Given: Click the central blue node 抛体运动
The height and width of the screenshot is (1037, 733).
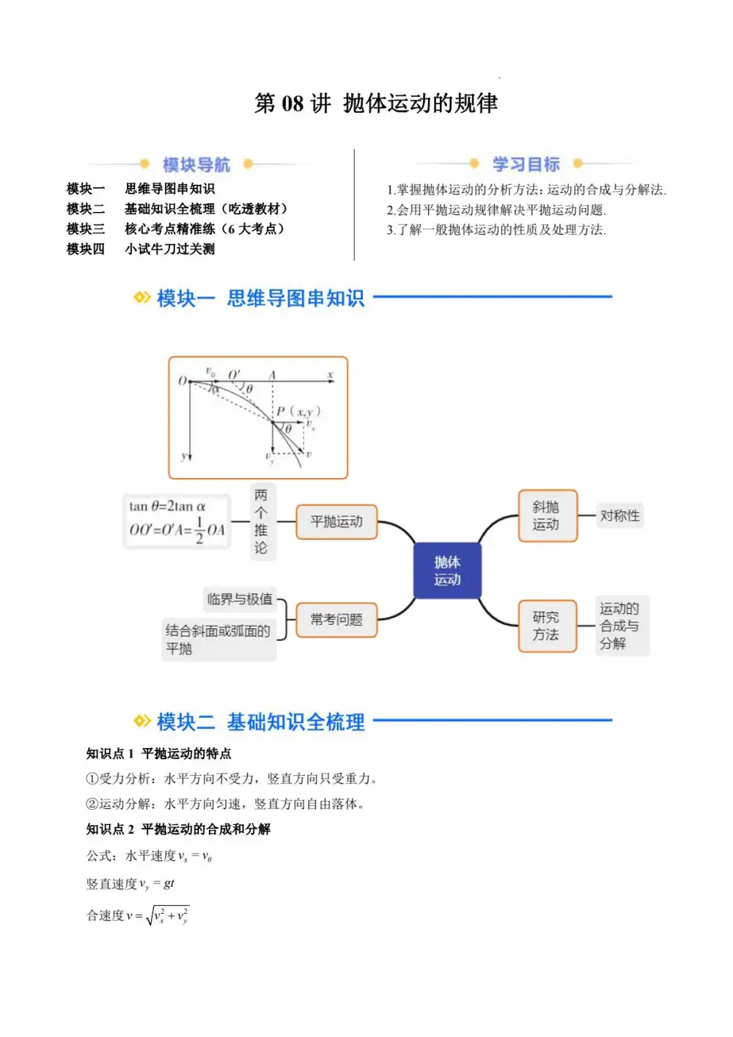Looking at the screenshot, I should [447, 571].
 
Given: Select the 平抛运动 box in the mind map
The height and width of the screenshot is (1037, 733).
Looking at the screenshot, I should [336, 522].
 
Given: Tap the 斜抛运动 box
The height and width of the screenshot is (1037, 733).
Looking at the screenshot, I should [547, 516].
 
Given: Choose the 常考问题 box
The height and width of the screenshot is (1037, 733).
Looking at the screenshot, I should [336, 620].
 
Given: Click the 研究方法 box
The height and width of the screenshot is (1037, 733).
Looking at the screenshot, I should [547, 626].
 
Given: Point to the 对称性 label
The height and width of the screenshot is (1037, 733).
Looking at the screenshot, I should [619, 516].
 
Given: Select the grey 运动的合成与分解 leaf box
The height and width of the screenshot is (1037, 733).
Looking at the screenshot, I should [620, 626].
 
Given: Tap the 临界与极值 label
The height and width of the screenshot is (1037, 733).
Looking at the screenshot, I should [240, 599].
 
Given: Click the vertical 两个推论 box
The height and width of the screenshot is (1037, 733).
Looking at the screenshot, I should [262, 521].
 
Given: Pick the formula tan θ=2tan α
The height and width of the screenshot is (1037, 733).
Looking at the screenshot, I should [168, 507].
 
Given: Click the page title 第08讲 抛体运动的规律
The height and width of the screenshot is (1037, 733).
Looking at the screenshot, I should [376, 103].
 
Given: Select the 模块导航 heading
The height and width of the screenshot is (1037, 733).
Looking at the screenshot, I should [196, 164].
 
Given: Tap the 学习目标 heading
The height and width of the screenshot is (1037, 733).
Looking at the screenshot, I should [526, 164].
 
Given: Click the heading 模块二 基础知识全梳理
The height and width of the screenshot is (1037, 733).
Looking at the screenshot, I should [260, 722].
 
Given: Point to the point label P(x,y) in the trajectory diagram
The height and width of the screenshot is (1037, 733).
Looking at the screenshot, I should [298, 411].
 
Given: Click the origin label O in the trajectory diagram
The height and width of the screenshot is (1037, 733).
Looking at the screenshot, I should [183, 381].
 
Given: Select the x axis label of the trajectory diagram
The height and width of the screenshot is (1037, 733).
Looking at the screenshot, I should [330, 375].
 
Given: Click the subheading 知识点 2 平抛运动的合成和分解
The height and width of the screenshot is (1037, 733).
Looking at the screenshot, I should [178, 829].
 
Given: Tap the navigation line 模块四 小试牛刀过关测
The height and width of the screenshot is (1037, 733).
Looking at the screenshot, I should [141, 249].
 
